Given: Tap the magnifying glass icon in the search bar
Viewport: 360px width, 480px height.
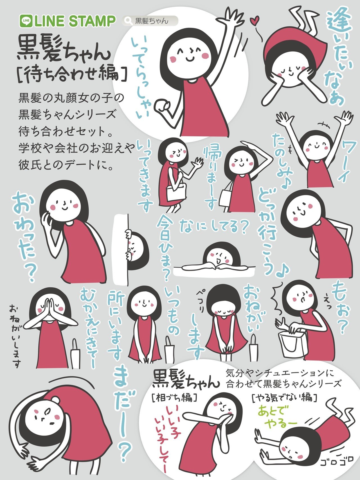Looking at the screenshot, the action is coord(129,21).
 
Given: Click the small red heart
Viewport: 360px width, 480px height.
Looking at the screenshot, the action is coord(255,20).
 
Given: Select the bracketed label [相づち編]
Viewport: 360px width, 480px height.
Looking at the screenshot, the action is coord(174,398).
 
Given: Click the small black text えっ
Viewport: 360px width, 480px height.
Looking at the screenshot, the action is coord(328,305).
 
